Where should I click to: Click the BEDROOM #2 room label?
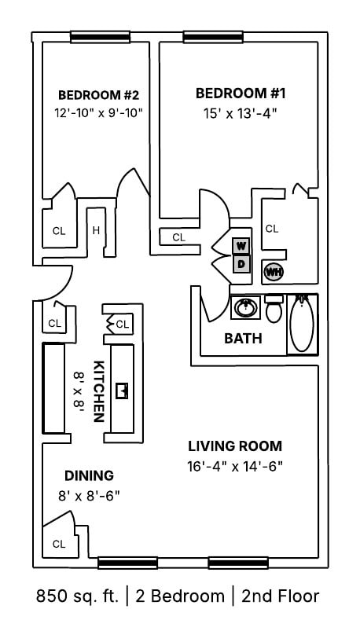pyautogui.click(x=98, y=95)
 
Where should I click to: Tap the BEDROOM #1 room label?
pyautogui.click(x=241, y=94)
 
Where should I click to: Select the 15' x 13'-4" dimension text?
pyautogui.click(x=241, y=113)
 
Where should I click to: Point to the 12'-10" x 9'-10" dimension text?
pyautogui.click(x=98, y=113)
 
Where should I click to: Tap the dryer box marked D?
pyautogui.click(x=241, y=264)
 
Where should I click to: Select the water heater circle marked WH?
pyautogui.click(x=274, y=272)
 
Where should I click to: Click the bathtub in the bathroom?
pyautogui.click(x=302, y=323)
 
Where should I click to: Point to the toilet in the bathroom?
pyautogui.click(x=274, y=310)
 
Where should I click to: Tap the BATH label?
pyautogui.click(x=243, y=339)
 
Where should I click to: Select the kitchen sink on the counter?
pyautogui.click(x=122, y=390)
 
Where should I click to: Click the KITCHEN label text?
pyautogui.click(x=100, y=391)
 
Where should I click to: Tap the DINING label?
pyautogui.click(x=89, y=475)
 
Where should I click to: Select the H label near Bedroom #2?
pyautogui.click(x=96, y=230)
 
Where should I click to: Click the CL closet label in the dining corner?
pyautogui.click(x=58, y=544)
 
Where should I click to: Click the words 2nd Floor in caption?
pyautogui.click(x=280, y=596)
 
